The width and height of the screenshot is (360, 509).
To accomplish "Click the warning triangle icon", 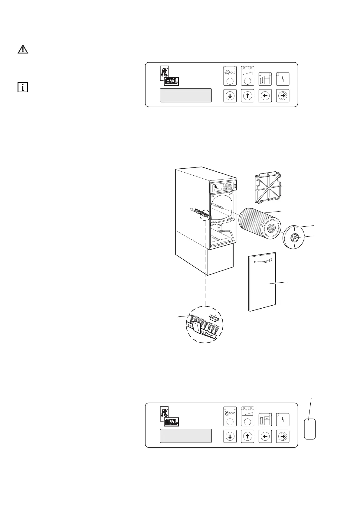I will coord(23,49).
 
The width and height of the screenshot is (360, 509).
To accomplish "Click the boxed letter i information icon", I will coord(23,87).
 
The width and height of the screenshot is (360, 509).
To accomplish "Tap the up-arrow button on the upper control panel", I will coord(247,96).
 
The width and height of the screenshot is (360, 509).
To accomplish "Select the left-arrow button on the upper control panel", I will coord(265,96).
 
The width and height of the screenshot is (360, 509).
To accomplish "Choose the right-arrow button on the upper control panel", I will coord(283,96).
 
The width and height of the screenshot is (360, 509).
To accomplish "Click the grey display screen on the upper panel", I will coord(185,96).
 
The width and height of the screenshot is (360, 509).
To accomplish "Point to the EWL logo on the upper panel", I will coord(171,81).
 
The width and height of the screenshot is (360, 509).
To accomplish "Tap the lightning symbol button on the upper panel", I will coord(283,79).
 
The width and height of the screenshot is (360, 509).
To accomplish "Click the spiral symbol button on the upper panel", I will coord(230,76).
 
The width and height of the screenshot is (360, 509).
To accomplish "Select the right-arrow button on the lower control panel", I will coord(283,436).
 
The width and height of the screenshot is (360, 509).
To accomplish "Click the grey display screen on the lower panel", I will coord(185,436).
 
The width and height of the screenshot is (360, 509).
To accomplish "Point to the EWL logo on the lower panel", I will coord(171,422).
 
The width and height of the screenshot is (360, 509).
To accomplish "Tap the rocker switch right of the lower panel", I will coord(310,429).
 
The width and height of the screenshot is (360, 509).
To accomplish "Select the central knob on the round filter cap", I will coord(294,238).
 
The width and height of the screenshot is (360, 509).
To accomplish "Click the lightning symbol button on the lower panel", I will coord(283,420).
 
